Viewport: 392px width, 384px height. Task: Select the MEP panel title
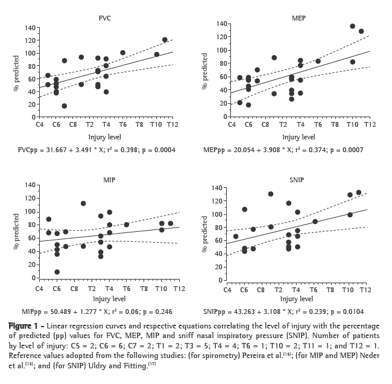298,18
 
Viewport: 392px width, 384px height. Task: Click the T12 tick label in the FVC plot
172,124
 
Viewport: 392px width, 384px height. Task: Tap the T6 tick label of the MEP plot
318,124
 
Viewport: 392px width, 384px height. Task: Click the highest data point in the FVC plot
165,40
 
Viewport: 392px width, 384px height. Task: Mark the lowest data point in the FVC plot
64,106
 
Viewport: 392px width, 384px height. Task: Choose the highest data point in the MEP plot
352,26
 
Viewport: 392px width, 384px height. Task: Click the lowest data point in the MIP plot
57,272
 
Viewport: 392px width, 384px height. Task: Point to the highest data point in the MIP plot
83,203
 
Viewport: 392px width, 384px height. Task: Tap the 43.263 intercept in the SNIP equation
251,311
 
